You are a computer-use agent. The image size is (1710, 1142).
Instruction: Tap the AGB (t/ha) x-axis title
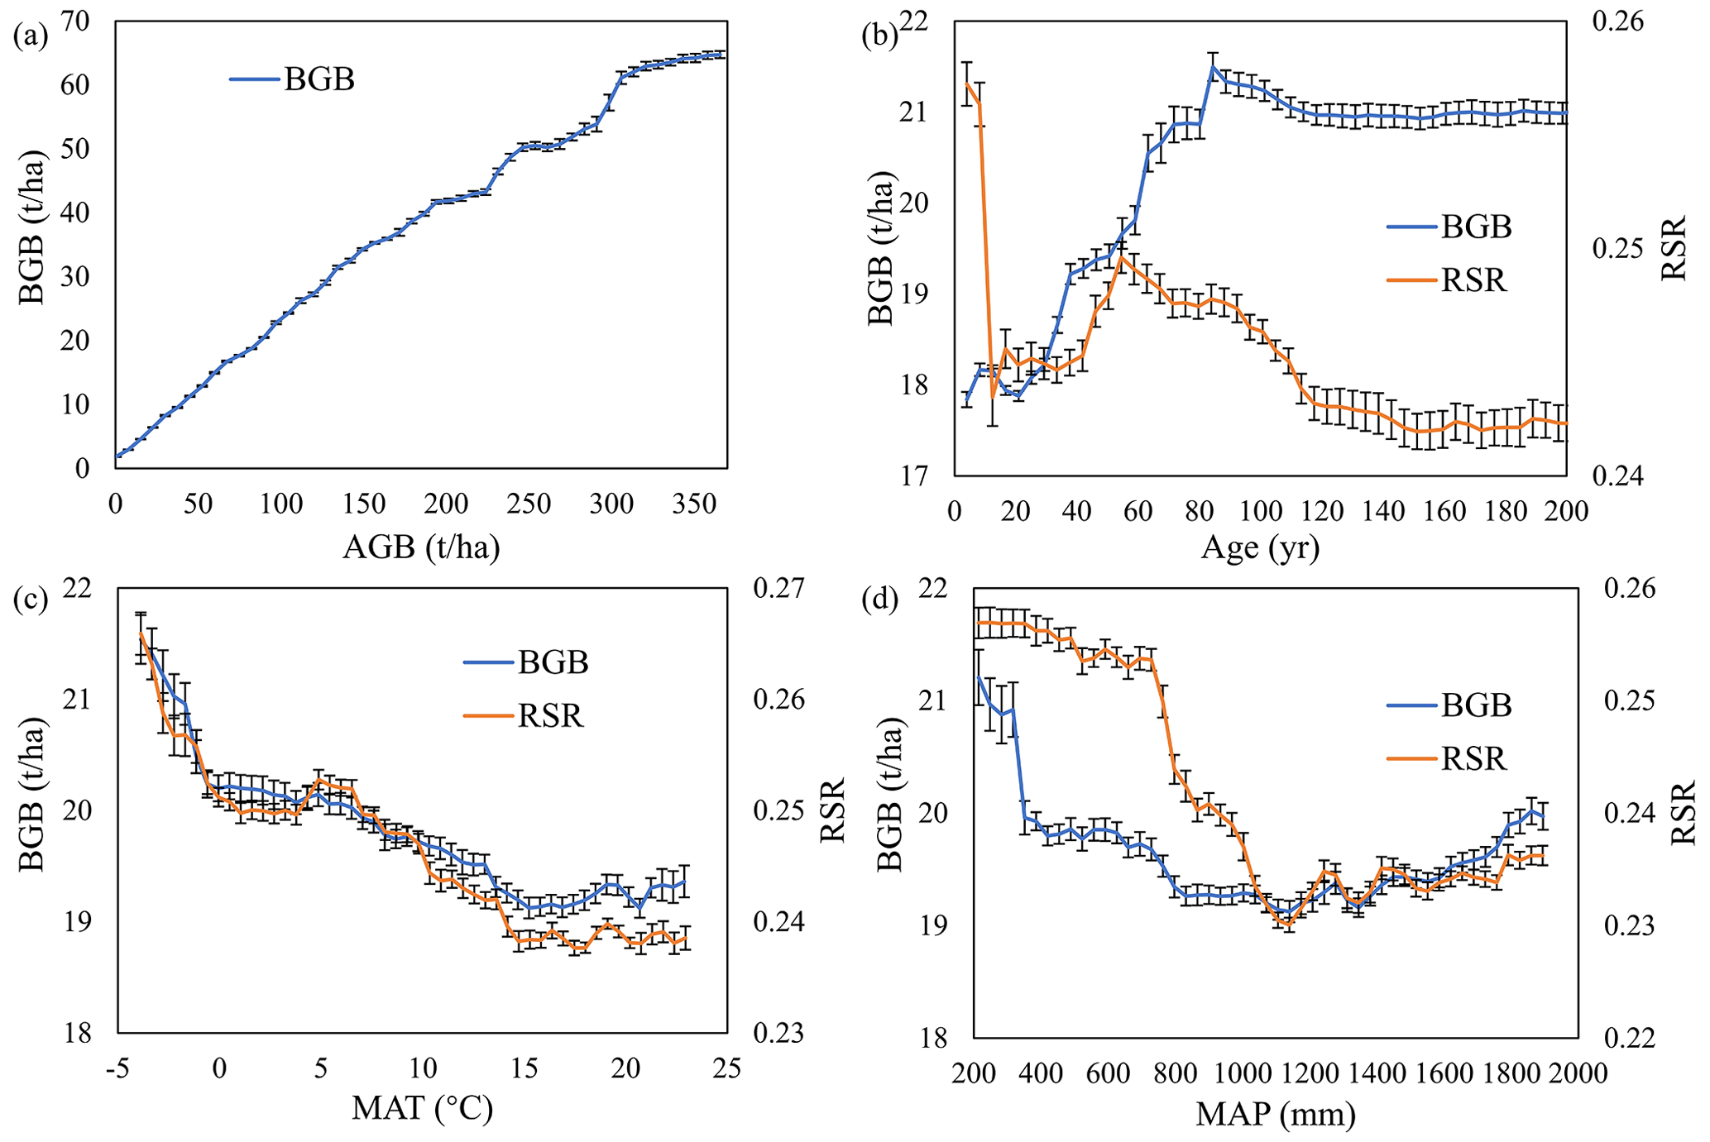pos(421,547)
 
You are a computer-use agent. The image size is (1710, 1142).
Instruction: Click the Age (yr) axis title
pos(1260,547)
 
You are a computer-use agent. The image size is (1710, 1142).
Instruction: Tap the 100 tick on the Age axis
pos(1261,511)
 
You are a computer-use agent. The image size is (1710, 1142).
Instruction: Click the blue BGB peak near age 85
pos(1213,68)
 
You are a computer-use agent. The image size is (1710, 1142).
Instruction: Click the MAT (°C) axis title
pos(422,1107)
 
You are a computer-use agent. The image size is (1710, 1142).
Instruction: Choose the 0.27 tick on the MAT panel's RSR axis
pos(778,589)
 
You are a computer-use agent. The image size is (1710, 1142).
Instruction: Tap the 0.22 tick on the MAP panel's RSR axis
pos(1630,1037)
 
